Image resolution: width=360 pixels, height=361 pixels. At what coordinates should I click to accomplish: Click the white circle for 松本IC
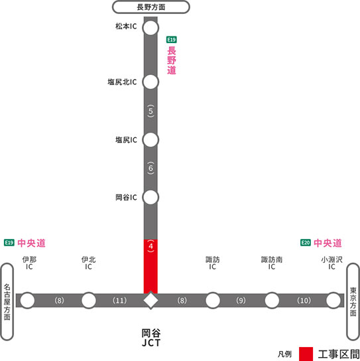[150, 28]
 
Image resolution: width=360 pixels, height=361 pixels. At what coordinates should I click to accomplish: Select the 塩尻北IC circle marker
[150, 82]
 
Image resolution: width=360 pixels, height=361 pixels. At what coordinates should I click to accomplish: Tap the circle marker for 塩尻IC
[150, 140]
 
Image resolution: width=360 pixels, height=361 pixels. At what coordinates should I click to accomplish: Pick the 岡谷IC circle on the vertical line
[150, 197]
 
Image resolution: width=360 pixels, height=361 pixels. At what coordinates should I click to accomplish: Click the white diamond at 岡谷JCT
[150, 301]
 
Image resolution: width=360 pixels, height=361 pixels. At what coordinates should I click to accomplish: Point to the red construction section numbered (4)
[150, 266]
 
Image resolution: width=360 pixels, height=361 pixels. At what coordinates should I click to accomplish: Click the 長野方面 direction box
[151, 7]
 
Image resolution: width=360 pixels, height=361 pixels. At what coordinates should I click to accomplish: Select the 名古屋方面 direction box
[7, 302]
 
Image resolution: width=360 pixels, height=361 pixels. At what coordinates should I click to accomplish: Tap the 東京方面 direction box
[353, 302]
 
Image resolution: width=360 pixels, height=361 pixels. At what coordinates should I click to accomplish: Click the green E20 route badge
[306, 242]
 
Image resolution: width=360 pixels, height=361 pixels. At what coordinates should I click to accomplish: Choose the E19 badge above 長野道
[171, 40]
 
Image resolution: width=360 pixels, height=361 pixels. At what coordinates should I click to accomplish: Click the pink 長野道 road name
[172, 60]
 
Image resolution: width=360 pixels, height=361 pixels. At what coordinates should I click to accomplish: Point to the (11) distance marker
[119, 301]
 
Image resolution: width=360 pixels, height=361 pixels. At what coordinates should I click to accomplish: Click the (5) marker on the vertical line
[150, 111]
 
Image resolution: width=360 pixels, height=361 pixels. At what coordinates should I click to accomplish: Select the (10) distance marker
[304, 301]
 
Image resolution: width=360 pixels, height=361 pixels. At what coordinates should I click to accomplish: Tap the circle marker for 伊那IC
[27, 301]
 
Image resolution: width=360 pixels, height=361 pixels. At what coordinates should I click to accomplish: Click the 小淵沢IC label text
[331, 263]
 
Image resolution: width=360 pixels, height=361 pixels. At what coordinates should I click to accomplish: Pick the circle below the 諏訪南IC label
[272, 301]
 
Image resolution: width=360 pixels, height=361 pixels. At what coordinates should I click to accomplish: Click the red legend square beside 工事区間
[306, 354]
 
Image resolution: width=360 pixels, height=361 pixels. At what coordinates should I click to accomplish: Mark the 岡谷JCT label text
[151, 338]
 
